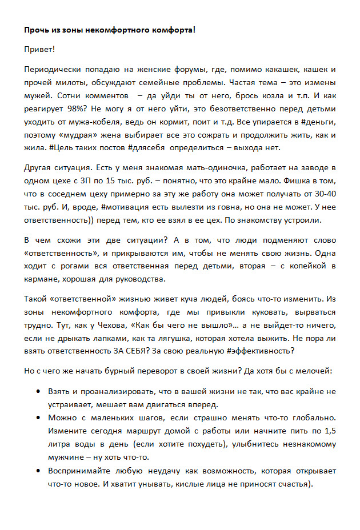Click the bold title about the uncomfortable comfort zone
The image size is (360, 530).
pyautogui.click(x=113, y=29)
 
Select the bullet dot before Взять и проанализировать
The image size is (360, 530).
pyautogui.click(x=38, y=392)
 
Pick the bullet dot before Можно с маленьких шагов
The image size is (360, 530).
pyautogui.click(x=38, y=418)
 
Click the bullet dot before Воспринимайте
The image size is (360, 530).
pyautogui.click(x=38, y=472)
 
